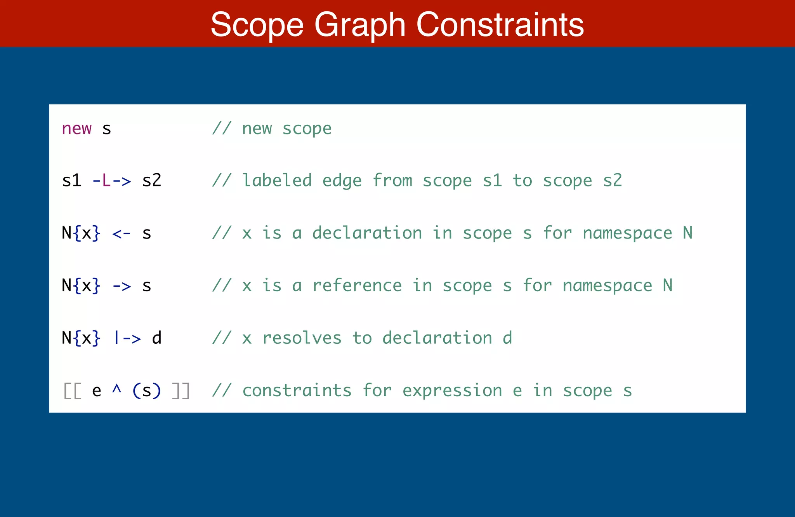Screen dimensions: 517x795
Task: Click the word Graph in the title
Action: pos(360,25)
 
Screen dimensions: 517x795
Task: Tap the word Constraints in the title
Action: pos(500,25)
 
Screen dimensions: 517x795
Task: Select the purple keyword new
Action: pos(77,128)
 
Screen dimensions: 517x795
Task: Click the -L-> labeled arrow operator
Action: pos(112,181)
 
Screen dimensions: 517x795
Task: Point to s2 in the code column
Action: pos(152,181)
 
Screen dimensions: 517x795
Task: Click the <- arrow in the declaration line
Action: pos(122,233)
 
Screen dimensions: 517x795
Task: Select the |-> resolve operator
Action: pos(127,338)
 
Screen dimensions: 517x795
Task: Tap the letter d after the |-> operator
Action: pos(157,338)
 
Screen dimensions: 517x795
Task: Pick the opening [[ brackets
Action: pos(72,391)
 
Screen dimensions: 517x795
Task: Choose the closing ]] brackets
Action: pos(181,391)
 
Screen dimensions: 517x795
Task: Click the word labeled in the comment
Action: pos(277,181)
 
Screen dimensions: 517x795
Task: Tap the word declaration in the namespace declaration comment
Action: pos(367,233)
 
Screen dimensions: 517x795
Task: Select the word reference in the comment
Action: pos(357,285)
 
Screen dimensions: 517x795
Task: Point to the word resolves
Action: pos(302,338)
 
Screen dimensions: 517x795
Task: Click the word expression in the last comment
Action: pos(452,391)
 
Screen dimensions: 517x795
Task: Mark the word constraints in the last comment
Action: pos(297,391)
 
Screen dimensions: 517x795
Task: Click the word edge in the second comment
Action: pos(342,181)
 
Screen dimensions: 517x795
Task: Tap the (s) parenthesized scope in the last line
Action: pos(146,391)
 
